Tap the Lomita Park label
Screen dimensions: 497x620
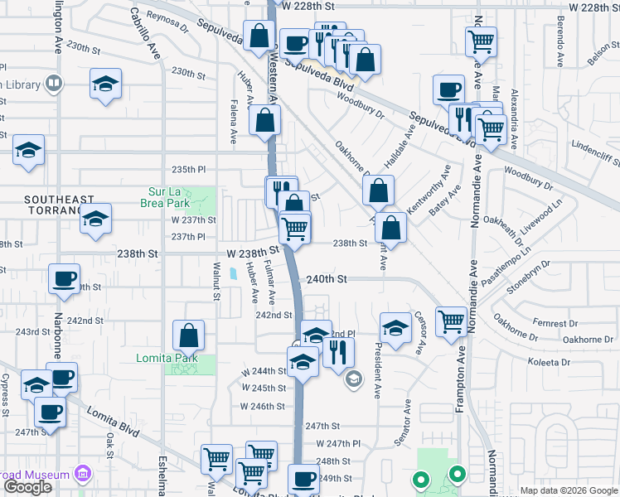pos(160,358)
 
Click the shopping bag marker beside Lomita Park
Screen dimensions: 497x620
pos(189,335)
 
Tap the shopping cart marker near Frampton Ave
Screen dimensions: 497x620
pos(451,321)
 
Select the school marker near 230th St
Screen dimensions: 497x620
pos(105,84)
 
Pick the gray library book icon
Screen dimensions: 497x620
pos(53,84)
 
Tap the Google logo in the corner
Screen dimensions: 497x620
pos(28,487)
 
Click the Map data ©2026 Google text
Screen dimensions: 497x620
pos(569,490)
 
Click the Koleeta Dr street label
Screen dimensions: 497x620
pos(550,362)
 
